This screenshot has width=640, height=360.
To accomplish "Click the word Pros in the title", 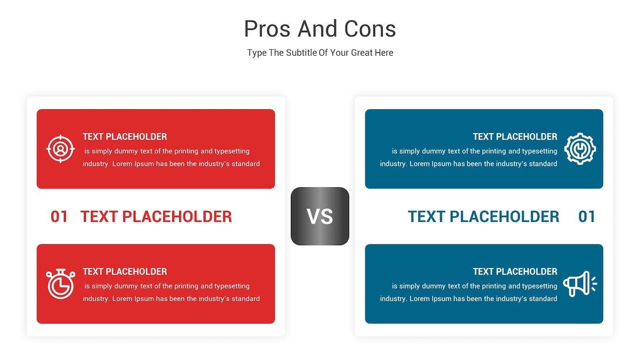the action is coord(267,29).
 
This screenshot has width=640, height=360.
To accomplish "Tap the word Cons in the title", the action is coord(370,29).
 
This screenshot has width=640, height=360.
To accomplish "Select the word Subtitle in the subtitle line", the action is coord(301,53).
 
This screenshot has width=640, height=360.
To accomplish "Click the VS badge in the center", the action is coord(320,216).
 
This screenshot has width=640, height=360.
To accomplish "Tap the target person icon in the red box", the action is coord(61,149).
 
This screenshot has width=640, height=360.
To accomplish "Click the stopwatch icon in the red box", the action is coord(61,284).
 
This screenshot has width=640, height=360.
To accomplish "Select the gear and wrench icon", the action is coord(580,149).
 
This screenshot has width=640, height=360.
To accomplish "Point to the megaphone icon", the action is coord(580,284).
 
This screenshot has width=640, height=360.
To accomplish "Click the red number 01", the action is coord(59,216).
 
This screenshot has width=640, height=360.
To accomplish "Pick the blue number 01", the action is coord(587,216).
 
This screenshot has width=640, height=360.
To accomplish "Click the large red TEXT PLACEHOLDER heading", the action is coord(156,216).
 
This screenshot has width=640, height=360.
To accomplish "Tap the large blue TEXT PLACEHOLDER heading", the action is coord(484,216).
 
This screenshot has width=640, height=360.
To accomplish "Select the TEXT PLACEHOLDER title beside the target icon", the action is coord(125,137).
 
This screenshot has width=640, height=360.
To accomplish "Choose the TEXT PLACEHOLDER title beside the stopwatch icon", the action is coord(125,271).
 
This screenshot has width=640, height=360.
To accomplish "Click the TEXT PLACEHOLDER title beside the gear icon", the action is coord(515,137).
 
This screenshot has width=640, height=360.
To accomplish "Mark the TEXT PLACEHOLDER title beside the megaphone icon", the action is coord(515,271).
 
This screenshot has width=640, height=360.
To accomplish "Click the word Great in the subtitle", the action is coord(362,53).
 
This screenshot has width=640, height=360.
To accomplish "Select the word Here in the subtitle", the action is coord(384,53).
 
